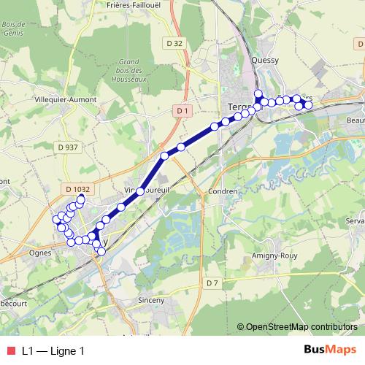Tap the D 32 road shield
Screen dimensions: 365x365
(x=174, y=45)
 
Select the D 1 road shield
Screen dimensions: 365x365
(x=183, y=110)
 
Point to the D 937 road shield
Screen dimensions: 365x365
(x=67, y=147)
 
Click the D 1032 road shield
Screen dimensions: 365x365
(x=77, y=188)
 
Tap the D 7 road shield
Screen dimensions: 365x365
(x=212, y=283)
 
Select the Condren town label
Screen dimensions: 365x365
(x=223, y=191)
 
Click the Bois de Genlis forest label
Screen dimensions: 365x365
(x=14, y=28)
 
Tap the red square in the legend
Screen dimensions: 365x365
(x=10, y=350)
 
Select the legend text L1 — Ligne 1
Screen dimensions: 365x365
(x=53, y=350)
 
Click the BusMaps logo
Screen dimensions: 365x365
(x=330, y=350)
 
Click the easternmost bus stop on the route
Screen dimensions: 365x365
(x=308, y=105)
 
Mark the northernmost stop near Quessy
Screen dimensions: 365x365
(x=257, y=93)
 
